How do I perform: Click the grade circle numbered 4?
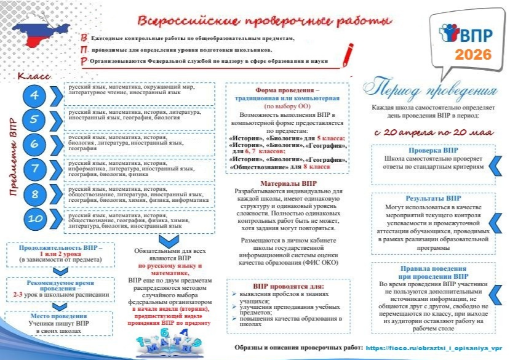point(35,95)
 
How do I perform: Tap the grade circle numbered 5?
point(35,119)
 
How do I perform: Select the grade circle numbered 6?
point(35,144)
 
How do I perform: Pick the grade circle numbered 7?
point(35,168)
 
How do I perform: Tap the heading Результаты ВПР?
point(433,199)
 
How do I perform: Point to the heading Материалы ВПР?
point(287,183)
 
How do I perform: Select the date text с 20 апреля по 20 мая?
point(433,132)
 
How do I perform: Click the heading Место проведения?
point(58,315)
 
